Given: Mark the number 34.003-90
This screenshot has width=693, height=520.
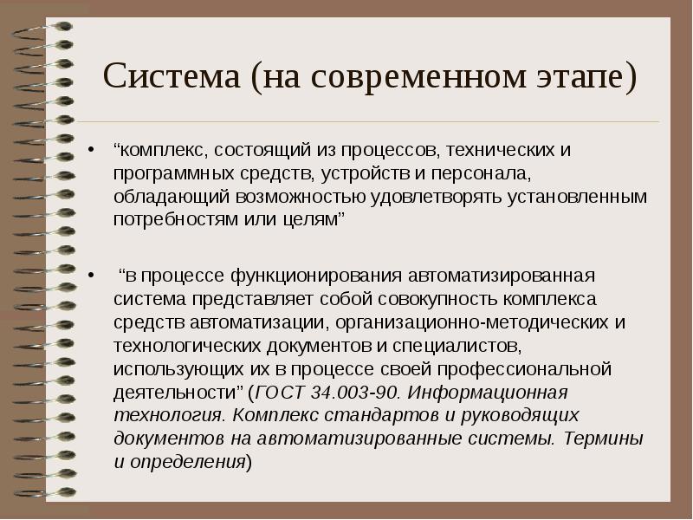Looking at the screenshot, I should (x=354, y=393).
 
